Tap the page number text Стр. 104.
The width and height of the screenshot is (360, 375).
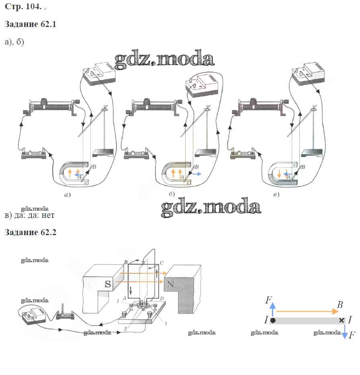coord(22,7)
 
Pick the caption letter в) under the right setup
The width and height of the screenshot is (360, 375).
coord(276,195)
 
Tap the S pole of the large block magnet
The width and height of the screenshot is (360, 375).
coord(107,284)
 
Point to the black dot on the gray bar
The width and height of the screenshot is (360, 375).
coord(273,320)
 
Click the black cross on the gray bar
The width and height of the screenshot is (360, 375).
coord(342,320)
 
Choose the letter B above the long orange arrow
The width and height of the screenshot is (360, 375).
coord(340,305)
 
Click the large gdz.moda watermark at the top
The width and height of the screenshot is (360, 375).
coord(164,59)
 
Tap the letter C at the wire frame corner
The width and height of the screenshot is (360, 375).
coord(161,263)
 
